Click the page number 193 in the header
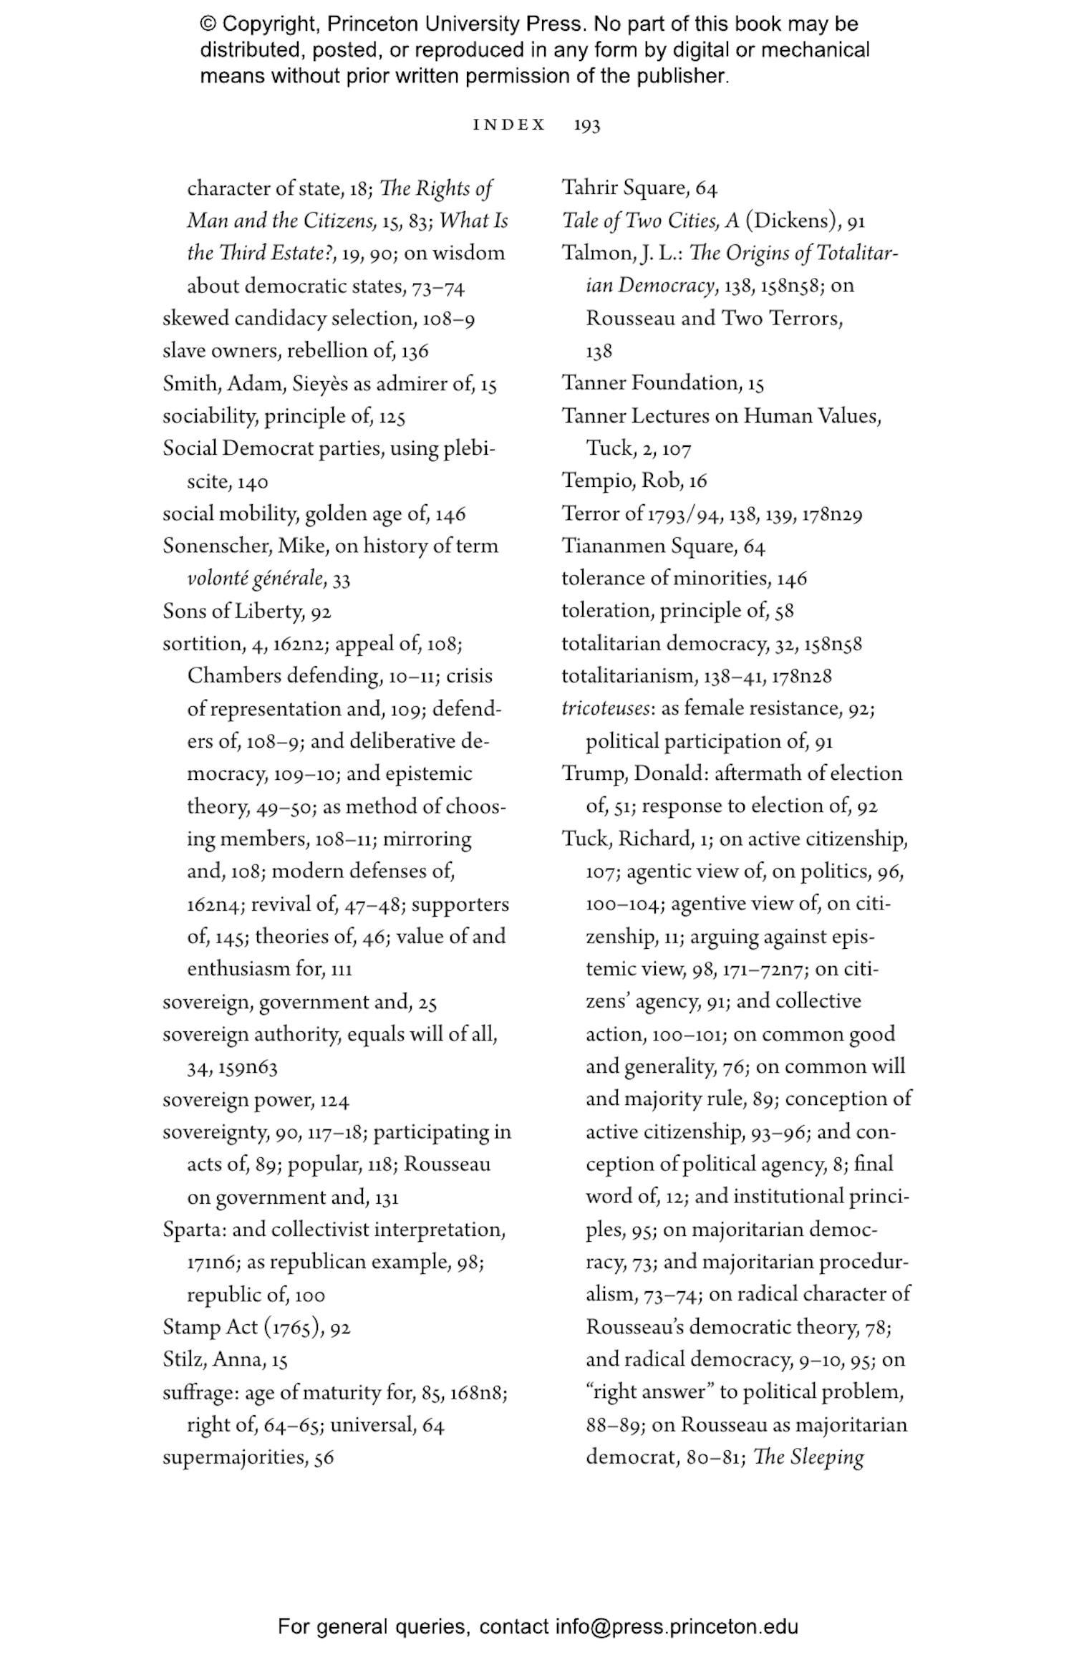[586, 125]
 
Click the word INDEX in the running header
[509, 125]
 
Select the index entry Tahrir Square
[625, 188]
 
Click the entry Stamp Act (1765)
[242, 1326]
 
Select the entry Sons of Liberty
[233, 611]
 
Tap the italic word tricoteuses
[606, 708]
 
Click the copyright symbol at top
[208, 24]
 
